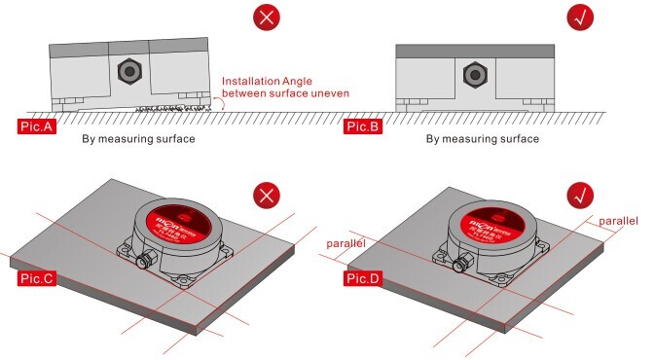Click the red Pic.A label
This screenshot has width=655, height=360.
pyautogui.click(x=36, y=126)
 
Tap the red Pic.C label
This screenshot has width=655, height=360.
pyautogui.click(x=37, y=278)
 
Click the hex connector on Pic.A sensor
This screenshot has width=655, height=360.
pyautogui.click(x=127, y=71)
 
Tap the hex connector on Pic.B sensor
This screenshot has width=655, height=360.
pyautogui.click(x=474, y=73)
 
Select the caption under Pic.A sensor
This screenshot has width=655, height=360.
pyautogui.click(x=138, y=139)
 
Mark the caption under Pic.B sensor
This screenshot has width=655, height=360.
pyautogui.click(x=482, y=139)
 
